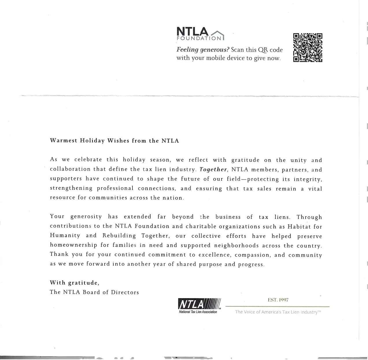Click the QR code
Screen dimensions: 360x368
(x=308, y=48)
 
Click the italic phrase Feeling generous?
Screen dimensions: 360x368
(x=203, y=50)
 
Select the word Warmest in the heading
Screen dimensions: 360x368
(x=64, y=141)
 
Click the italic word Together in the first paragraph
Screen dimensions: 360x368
(x=213, y=169)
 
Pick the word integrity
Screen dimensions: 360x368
(x=308, y=179)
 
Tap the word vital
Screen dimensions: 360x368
(x=315, y=189)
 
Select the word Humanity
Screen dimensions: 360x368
(x=65, y=236)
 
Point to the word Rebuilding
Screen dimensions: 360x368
(x=119, y=236)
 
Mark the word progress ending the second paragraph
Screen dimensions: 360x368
(x=251, y=264)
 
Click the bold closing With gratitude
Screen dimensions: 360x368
(x=75, y=283)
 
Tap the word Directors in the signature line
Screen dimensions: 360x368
(x=125, y=292)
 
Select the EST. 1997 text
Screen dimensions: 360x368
(x=278, y=300)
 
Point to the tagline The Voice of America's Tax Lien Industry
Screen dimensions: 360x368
(x=278, y=312)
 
